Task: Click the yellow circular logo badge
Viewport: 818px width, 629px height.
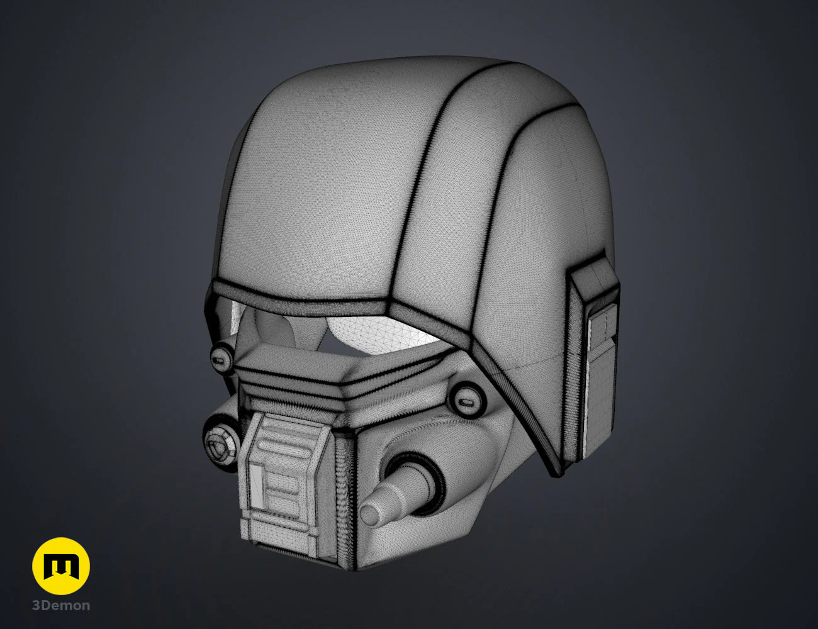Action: [61, 566]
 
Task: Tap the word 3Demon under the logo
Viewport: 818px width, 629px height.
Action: [61, 606]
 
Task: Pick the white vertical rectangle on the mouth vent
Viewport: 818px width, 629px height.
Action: [257, 486]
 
